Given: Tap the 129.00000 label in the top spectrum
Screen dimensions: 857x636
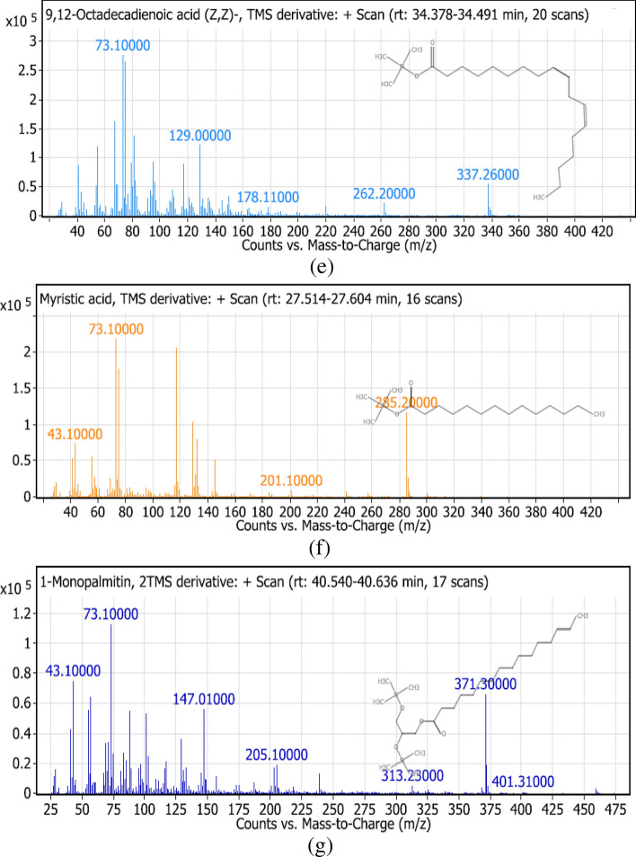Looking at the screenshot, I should pos(200,136).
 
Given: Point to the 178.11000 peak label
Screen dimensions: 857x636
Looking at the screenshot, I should pos(269,197).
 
